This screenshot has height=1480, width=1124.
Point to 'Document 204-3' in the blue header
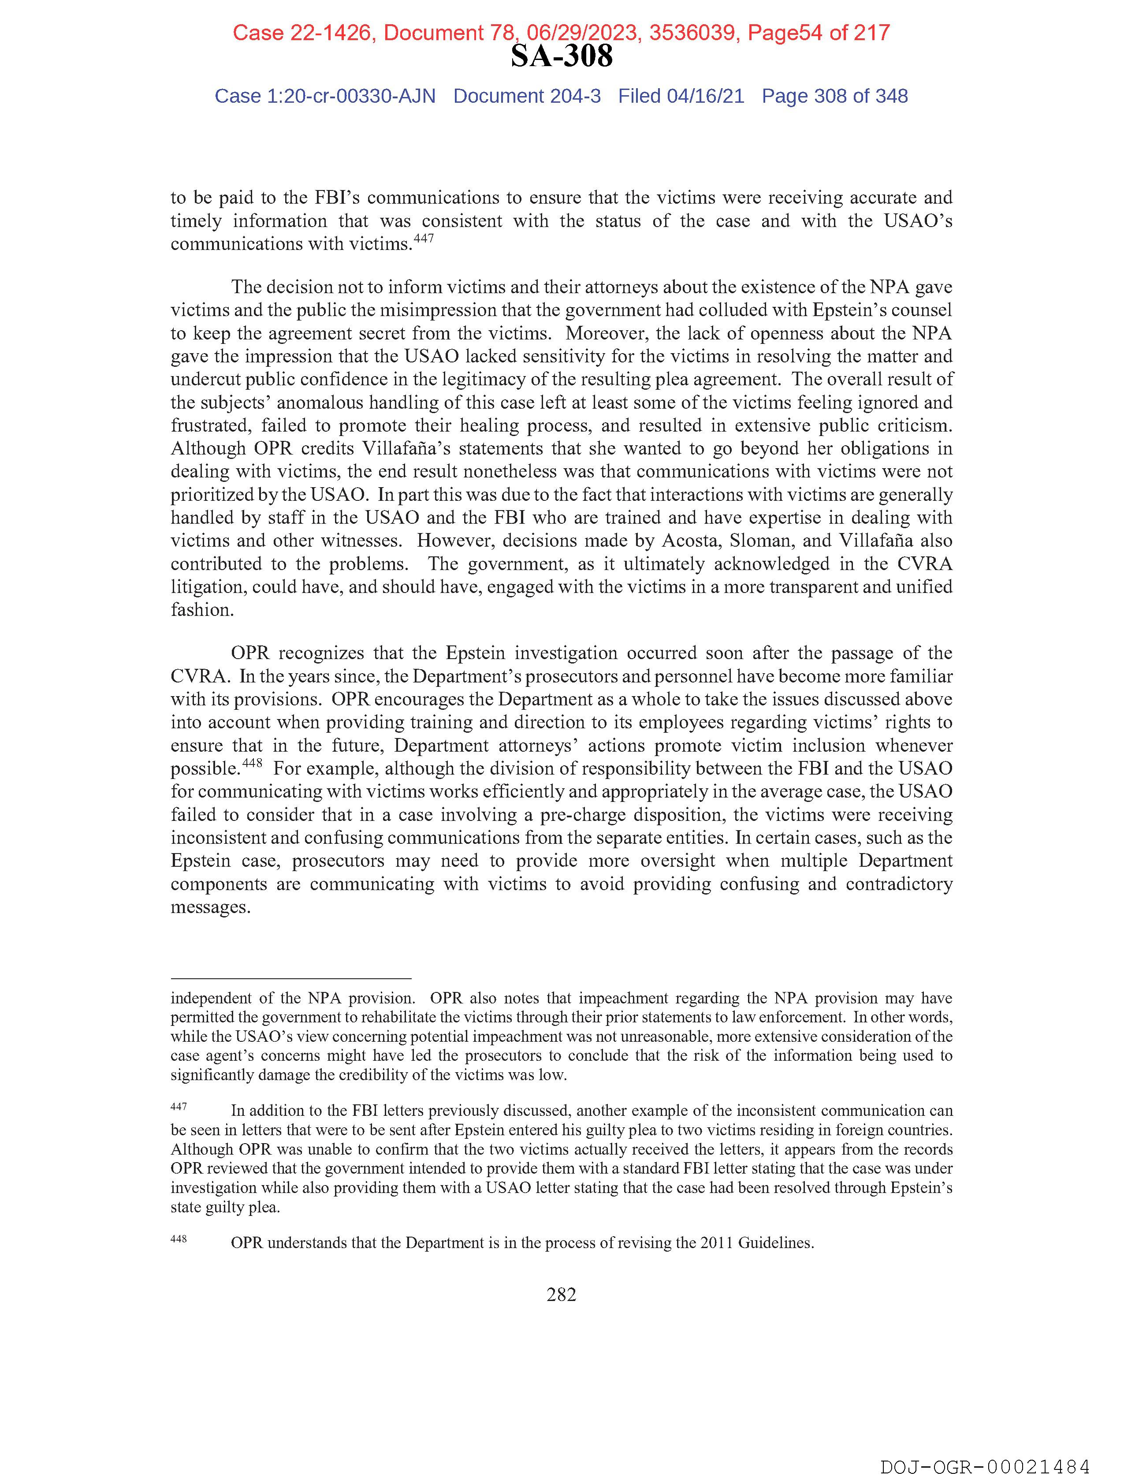coord(527,97)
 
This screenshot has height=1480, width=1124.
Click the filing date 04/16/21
coord(705,97)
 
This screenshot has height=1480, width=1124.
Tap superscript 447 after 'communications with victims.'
coord(424,239)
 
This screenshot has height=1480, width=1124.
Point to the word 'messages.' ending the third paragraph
coord(210,908)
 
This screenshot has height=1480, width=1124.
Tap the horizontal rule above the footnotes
coord(290,978)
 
